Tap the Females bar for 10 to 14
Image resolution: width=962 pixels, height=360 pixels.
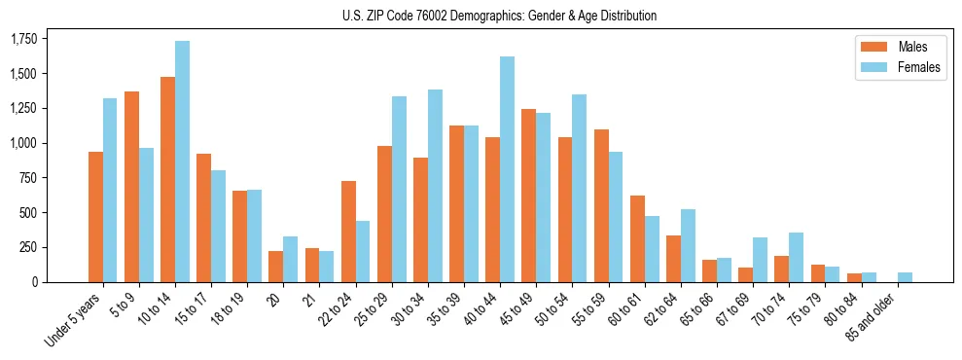click(182, 162)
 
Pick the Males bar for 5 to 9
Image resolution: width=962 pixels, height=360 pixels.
click(131, 187)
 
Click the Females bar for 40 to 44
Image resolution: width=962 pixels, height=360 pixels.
click(507, 169)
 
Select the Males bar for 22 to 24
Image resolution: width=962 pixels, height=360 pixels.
click(348, 232)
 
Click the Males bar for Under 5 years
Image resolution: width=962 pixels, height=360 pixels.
click(95, 217)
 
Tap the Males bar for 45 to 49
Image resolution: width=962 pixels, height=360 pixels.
click(528, 196)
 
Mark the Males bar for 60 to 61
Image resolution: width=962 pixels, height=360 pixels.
click(637, 239)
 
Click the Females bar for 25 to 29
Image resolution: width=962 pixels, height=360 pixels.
click(399, 190)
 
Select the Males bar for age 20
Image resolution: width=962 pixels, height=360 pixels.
click(276, 267)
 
